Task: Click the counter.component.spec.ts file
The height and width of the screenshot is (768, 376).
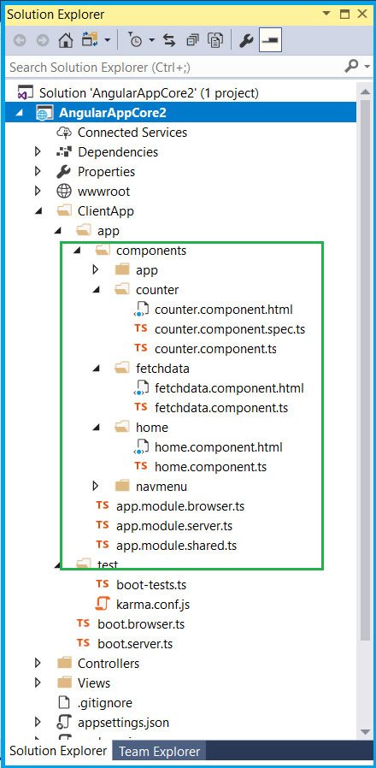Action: (230, 329)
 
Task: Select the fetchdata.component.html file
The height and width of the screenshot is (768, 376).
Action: (229, 388)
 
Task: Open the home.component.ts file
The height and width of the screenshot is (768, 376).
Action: (210, 467)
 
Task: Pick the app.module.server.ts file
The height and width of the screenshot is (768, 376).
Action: (174, 526)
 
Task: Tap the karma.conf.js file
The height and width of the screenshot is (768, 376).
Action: (153, 605)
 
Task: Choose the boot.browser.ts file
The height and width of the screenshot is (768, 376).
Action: (141, 624)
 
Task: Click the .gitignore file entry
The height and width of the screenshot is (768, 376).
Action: (105, 703)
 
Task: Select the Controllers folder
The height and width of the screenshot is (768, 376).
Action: (109, 663)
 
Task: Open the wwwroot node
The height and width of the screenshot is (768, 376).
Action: (103, 191)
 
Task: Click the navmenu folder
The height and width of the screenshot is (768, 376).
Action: (161, 487)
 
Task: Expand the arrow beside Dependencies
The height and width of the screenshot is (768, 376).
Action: (38, 152)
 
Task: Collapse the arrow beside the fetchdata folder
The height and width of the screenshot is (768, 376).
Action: (97, 369)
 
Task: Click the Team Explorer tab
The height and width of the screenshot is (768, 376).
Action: (160, 752)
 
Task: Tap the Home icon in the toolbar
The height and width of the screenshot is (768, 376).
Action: (66, 41)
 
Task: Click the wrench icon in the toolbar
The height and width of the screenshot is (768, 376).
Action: (246, 41)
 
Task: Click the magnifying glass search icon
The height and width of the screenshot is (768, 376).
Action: (351, 66)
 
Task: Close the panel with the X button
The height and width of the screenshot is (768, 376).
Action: (362, 15)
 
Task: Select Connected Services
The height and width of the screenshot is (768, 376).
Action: (132, 133)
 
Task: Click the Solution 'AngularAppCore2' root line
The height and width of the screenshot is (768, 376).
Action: (149, 92)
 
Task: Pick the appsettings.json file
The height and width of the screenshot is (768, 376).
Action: (123, 723)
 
